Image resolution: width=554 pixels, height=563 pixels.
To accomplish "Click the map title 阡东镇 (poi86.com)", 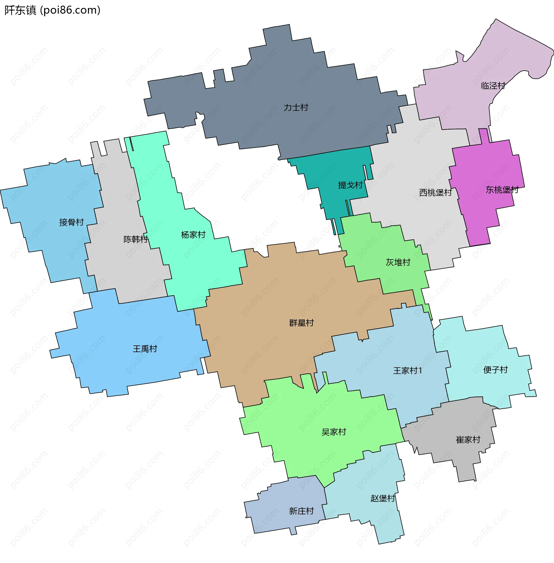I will [x=53, y=10].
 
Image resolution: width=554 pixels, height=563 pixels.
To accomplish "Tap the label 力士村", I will [x=296, y=107].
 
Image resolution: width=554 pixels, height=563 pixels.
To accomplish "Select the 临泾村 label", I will [x=493, y=86].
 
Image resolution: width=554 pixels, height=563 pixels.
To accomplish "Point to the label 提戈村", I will [x=350, y=185].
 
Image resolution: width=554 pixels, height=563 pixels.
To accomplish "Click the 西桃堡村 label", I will [x=435, y=192].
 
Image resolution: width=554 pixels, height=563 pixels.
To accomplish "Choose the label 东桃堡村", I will [x=502, y=190].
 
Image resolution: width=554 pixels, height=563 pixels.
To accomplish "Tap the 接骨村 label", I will [x=71, y=222].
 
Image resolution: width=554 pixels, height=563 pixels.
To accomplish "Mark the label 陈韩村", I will [x=136, y=239].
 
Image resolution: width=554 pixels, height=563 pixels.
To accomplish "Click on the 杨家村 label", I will [x=193, y=235].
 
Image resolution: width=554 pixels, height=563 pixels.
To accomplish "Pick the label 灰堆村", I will [x=398, y=262].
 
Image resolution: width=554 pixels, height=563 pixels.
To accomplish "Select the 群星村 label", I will [x=302, y=323].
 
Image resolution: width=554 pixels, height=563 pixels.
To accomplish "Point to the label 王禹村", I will [x=145, y=349].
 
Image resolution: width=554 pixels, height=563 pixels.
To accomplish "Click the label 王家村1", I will [x=408, y=371].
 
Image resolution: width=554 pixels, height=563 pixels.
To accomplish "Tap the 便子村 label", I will [x=495, y=370].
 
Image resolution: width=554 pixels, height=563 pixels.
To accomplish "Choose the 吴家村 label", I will [x=334, y=432].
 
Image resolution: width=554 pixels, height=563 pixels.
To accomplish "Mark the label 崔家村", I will [x=468, y=439].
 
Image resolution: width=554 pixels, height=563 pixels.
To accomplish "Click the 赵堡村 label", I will [x=383, y=498].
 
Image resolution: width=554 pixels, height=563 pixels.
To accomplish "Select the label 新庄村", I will [x=302, y=511].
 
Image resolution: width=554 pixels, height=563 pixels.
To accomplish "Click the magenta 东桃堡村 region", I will [x=483, y=215].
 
